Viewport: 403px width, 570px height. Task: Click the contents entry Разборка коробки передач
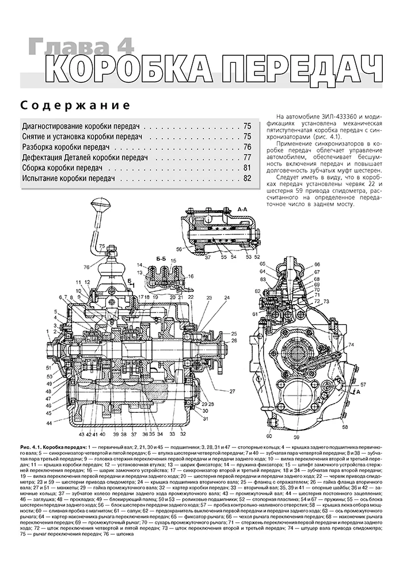click(x=66, y=147)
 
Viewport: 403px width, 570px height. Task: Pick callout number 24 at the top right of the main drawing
click(x=227, y=298)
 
